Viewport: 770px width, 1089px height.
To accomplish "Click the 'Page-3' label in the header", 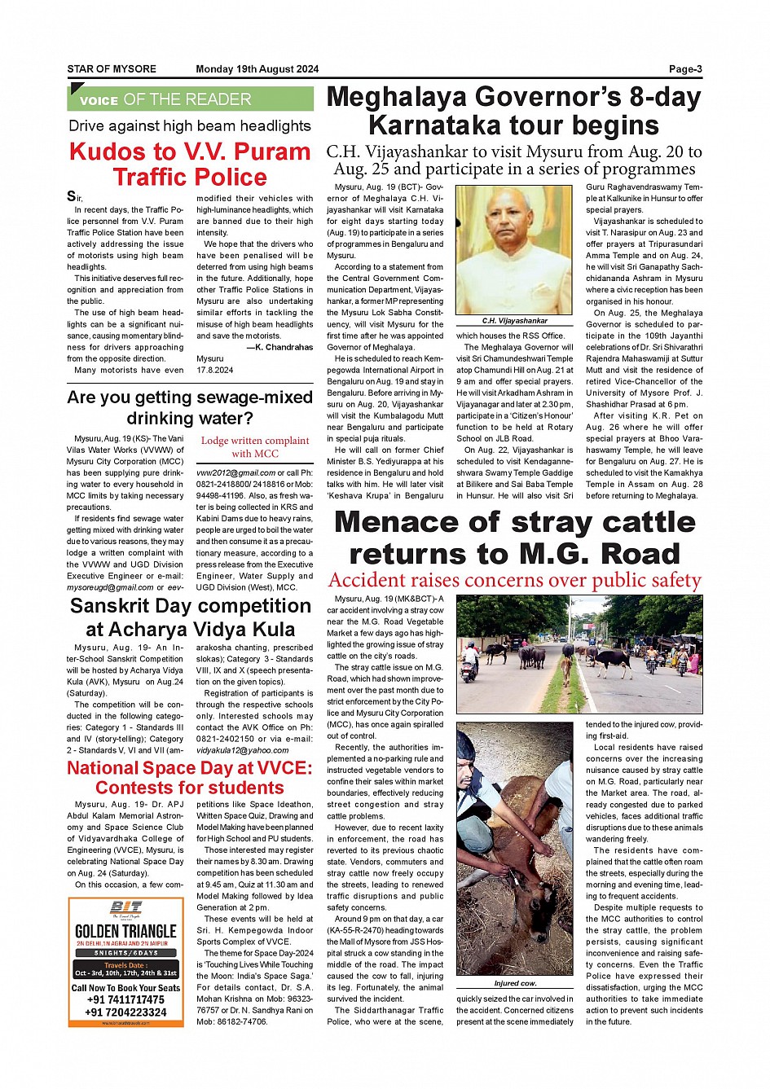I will pos(685,69).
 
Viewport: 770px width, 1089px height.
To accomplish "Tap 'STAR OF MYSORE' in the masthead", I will pos(112,69).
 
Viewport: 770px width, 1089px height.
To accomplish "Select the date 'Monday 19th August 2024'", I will pos(257,69).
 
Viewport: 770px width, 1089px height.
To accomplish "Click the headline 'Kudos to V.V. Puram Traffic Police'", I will pos(190,165).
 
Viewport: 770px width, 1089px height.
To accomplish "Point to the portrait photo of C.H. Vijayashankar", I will pos(513,250).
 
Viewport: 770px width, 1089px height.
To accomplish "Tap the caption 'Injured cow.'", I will pos(515,983).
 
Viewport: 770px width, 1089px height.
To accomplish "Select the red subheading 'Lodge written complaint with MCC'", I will pos(255,447).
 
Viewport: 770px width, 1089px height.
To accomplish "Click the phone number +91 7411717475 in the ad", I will pos(125,999).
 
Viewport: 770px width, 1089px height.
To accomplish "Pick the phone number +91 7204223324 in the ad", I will pos(125,1012).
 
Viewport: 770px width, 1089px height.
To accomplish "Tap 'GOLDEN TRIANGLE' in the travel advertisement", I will pos(125,931).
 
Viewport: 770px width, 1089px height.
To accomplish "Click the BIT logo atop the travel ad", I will pos(126,908).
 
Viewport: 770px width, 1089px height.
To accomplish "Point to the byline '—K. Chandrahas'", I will pos(279,347).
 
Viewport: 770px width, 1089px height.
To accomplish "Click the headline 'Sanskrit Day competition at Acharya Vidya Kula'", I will pos(190,617).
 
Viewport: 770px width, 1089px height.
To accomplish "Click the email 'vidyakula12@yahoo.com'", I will pos(242,750).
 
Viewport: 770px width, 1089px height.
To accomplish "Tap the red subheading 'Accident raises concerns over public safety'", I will pos(514,580).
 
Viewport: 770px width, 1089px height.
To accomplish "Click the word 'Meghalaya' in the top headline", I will pos(397,97).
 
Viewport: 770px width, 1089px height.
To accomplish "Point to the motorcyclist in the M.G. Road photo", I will pos(471,660).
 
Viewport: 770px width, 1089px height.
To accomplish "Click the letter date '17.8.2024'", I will pos(214,370).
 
